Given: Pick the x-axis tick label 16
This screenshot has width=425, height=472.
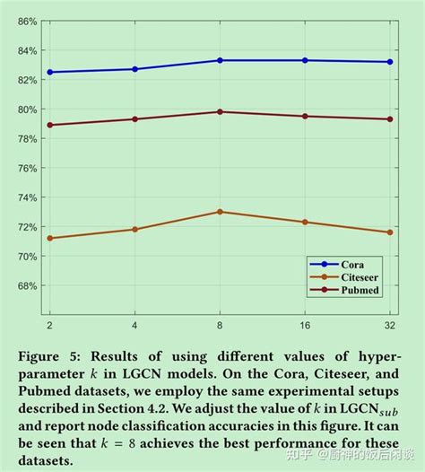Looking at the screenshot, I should (x=306, y=322).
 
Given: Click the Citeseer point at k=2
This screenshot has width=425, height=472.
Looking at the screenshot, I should (x=49, y=238).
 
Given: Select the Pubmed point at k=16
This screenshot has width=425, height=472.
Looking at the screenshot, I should (x=306, y=116).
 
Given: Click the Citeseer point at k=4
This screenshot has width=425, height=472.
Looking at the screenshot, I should (x=135, y=229).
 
